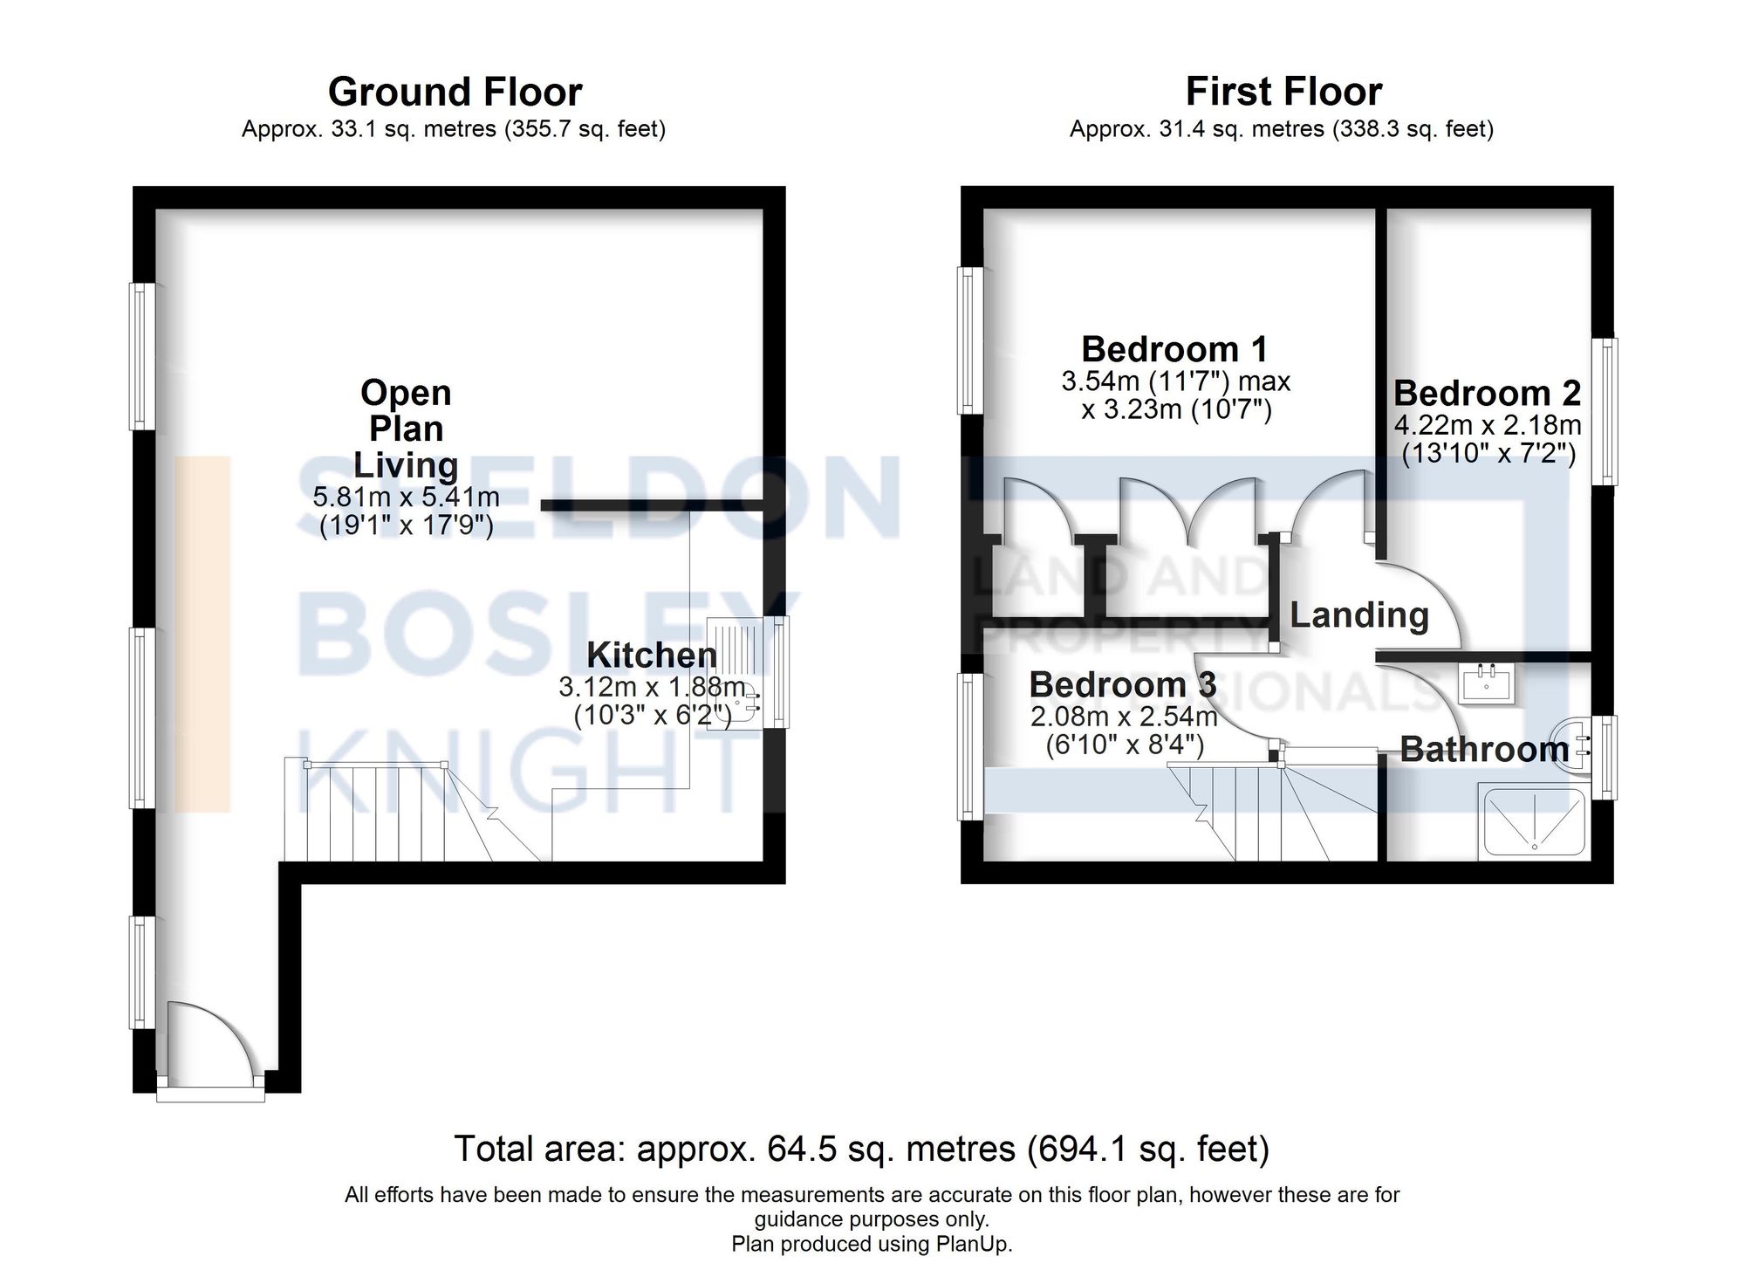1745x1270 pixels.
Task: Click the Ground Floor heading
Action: click(x=455, y=92)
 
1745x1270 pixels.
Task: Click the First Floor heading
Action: click(x=1283, y=92)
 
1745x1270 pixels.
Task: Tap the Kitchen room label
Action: click(x=651, y=655)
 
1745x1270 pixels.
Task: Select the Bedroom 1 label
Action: click(x=1174, y=349)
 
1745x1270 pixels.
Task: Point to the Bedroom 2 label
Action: click(x=1487, y=393)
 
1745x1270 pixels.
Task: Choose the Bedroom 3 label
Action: click(x=1122, y=684)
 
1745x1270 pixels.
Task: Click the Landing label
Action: click(x=1359, y=616)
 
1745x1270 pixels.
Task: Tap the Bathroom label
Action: click(x=1484, y=749)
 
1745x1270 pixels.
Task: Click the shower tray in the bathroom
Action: click(x=1533, y=820)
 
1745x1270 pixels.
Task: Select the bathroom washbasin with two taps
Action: click(x=1487, y=682)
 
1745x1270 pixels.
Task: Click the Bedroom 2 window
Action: click(x=1604, y=411)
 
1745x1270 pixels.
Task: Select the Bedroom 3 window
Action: click(x=970, y=746)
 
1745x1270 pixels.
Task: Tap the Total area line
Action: click(x=862, y=1149)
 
